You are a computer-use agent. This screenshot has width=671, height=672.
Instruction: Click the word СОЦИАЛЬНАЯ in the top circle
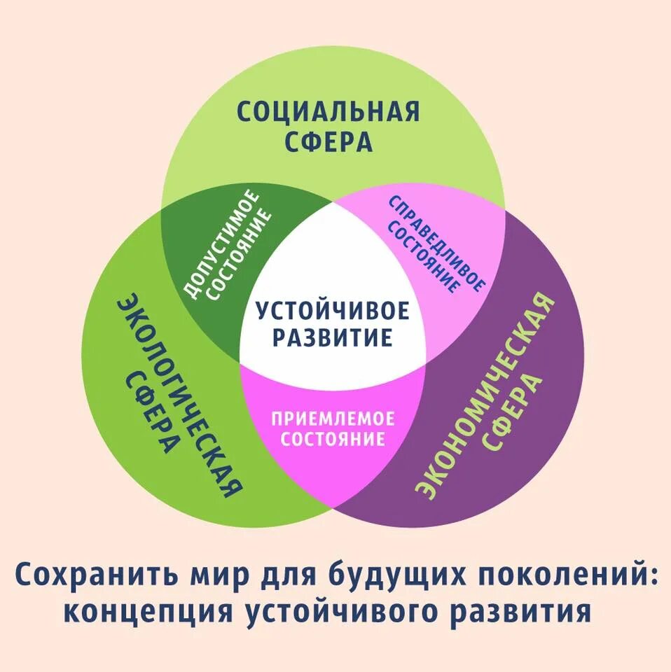tap(328, 111)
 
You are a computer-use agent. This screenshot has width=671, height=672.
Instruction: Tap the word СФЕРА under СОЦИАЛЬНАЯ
tap(328, 142)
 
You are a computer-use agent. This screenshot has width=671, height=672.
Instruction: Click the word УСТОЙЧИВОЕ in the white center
tap(332, 310)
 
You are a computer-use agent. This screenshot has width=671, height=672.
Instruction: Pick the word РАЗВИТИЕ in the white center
tap(332, 339)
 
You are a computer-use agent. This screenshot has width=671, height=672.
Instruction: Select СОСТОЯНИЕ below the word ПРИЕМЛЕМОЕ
tap(333, 439)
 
